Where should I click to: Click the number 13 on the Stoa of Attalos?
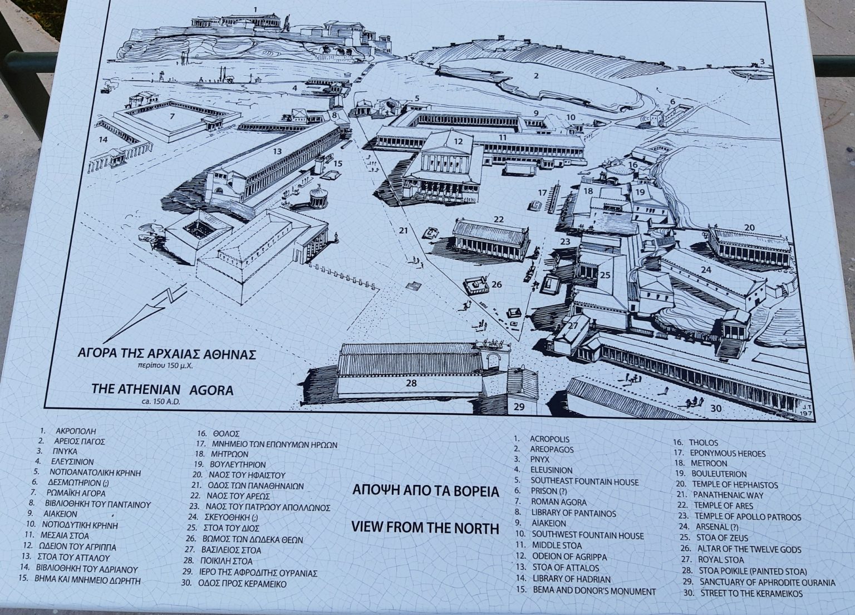(277, 151)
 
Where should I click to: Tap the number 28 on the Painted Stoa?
(411, 383)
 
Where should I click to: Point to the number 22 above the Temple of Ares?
(498, 220)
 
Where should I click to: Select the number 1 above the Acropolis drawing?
(255, 9)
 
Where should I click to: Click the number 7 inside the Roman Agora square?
(173, 116)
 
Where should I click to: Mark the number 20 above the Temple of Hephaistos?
(749, 227)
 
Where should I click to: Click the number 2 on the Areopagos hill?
(535, 76)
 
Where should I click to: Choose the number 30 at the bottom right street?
(716, 408)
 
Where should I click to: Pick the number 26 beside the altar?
(497, 284)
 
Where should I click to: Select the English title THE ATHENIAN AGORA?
(163, 390)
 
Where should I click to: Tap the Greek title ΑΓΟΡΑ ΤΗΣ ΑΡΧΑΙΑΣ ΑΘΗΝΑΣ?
(166, 354)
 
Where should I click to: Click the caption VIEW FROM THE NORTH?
(425, 528)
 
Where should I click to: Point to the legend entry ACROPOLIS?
(549, 439)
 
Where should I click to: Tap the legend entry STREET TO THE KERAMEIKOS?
(751, 594)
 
